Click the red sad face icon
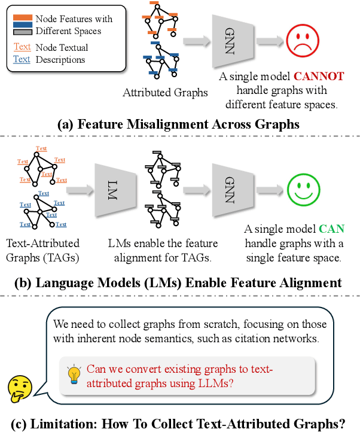click(x=303, y=42)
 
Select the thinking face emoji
click(x=20, y=390)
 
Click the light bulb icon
click(x=75, y=374)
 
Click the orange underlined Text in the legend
click(x=22, y=47)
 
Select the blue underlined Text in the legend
click(x=22, y=59)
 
